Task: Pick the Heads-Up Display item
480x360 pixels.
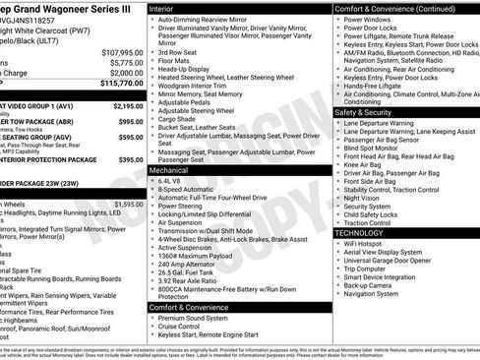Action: pos(183,70)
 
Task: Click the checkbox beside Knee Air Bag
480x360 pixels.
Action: pos(338,163)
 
